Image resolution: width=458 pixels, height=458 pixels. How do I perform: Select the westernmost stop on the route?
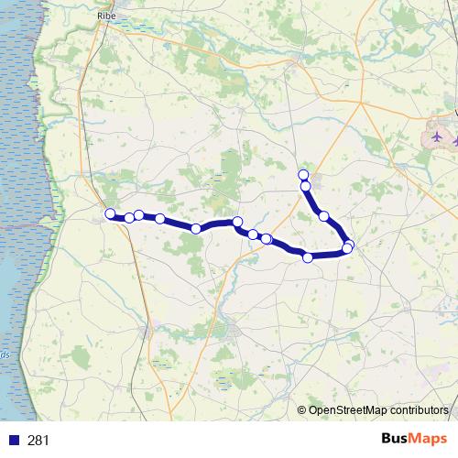[x=110, y=214]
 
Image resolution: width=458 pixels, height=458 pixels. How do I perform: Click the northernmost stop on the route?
[x=303, y=175]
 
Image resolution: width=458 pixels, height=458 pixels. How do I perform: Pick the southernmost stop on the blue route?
[x=308, y=257]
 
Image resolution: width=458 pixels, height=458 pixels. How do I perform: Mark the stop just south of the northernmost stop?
[x=306, y=187]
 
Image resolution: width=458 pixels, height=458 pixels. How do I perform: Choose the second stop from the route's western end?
[x=130, y=218]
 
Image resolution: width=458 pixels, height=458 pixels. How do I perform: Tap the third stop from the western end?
[x=139, y=215]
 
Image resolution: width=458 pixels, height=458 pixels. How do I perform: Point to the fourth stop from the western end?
[x=160, y=219]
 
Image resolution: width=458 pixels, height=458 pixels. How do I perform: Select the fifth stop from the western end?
[x=196, y=229]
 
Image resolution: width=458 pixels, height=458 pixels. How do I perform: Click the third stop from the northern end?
[x=323, y=216]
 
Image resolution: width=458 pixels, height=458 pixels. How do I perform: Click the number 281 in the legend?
[x=38, y=441]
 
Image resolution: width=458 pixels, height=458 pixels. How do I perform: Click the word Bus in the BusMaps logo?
[x=396, y=439]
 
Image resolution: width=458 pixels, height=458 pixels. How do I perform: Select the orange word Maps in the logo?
[x=429, y=439]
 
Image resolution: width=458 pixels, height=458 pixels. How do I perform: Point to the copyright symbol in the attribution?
[x=302, y=411]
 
